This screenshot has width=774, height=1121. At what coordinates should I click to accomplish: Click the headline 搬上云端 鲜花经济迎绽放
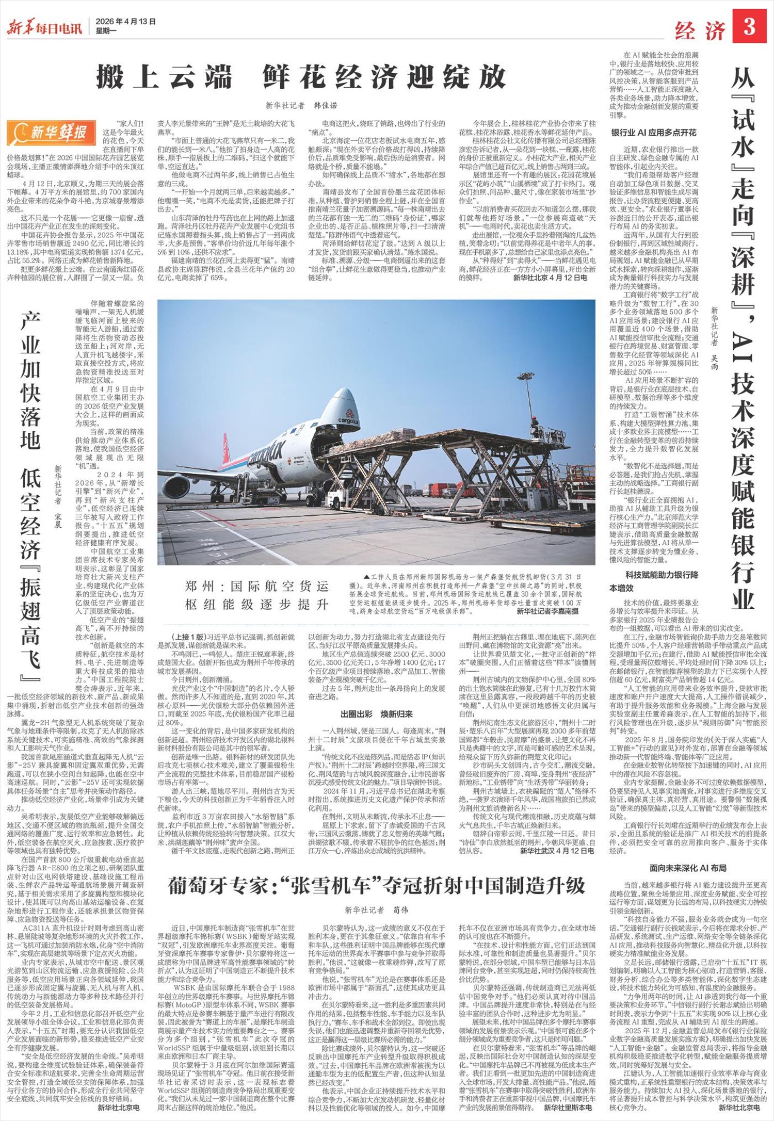click(301, 77)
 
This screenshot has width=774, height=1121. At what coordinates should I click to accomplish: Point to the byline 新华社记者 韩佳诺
click(301, 105)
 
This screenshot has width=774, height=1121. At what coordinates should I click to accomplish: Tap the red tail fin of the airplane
click(225, 447)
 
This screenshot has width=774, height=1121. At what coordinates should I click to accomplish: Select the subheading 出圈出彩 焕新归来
click(376, 714)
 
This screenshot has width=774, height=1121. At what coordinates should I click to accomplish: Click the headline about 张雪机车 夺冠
click(377, 886)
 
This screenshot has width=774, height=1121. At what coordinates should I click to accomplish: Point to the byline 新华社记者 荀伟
click(376, 909)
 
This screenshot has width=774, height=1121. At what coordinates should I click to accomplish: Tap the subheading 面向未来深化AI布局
click(688, 868)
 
